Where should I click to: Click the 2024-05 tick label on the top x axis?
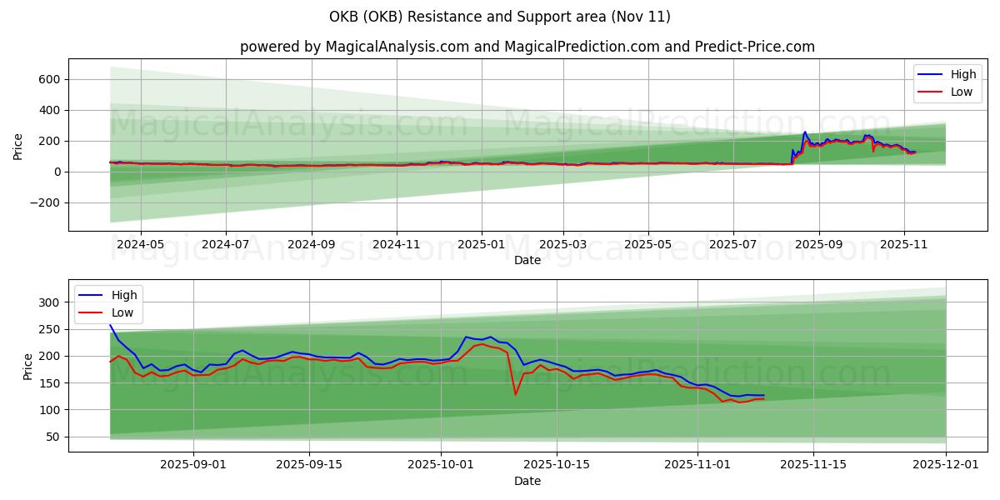pos(140,245)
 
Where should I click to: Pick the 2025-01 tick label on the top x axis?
pos(482,245)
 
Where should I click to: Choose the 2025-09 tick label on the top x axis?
pos(818,245)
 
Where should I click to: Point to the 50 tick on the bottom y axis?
pos(53,437)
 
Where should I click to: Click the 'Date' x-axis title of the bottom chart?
pos(527,482)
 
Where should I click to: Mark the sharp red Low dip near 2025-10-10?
pos(516,393)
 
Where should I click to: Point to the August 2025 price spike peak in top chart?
pos(805,132)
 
